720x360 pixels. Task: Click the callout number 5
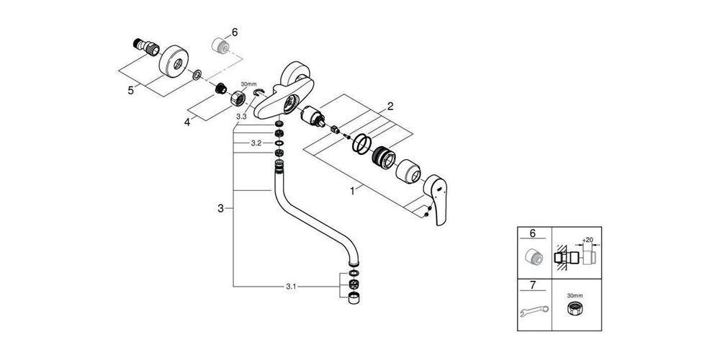pyautogui.click(x=131, y=90)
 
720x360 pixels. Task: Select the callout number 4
pyautogui.click(x=187, y=122)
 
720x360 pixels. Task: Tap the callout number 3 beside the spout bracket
pyautogui.click(x=221, y=209)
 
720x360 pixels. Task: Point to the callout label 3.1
pyautogui.click(x=290, y=287)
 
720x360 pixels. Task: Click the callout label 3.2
pyautogui.click(x=256, y=143)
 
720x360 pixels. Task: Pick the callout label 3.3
pyautogui.click(x=241, y=117)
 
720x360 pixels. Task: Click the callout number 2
pyautogui.click(x=390, y=107)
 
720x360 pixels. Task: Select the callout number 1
pyautogui.click(x=353, y=191)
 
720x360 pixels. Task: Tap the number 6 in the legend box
pyautogui.click(x=533, y=233)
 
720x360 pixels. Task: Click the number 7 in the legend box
pyautogui.click(x=533, y=285)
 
